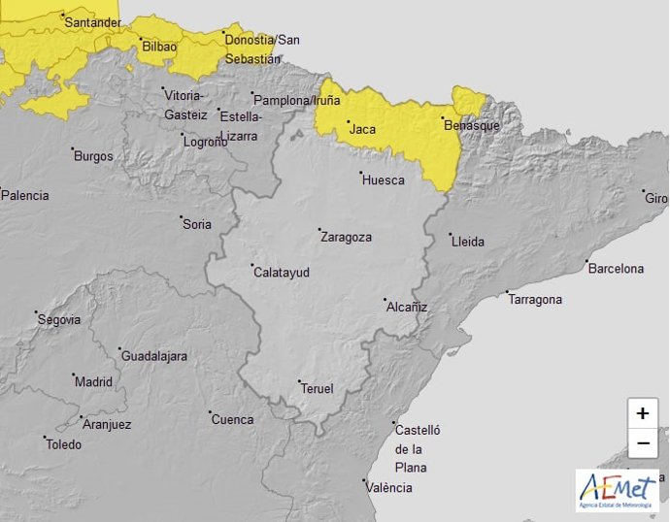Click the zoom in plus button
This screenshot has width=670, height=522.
click(x=642, y=413)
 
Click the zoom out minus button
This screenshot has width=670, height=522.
click(x=642, y=443)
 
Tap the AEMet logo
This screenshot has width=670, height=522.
click(x=617, y=490)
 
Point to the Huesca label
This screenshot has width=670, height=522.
click(x=383, y=180)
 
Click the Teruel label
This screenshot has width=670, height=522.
click(x=317, y=389)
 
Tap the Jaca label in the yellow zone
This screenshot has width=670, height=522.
click(x=361, y=129)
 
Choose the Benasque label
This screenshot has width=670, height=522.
click(x=471, y=126)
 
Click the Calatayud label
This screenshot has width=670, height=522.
click(x=282, y=273)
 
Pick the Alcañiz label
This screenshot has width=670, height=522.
click(x=407, y=307)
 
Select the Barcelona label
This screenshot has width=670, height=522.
click(x=616, y=269)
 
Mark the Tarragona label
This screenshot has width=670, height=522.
click(x=535, y=300)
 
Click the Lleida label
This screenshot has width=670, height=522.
click(x=467, y=242)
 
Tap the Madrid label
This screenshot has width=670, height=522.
click(x=94, y=382)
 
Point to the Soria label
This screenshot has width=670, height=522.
click(x=197, y=225)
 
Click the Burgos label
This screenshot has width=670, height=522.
click(x=93, y=156)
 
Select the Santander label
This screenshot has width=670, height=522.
click(x=92, y=22)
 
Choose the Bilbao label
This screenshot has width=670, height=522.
click(x=159, y=47)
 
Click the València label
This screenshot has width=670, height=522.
click(x=388, y=488)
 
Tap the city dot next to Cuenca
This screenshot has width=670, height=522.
click(x=211, y=412)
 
